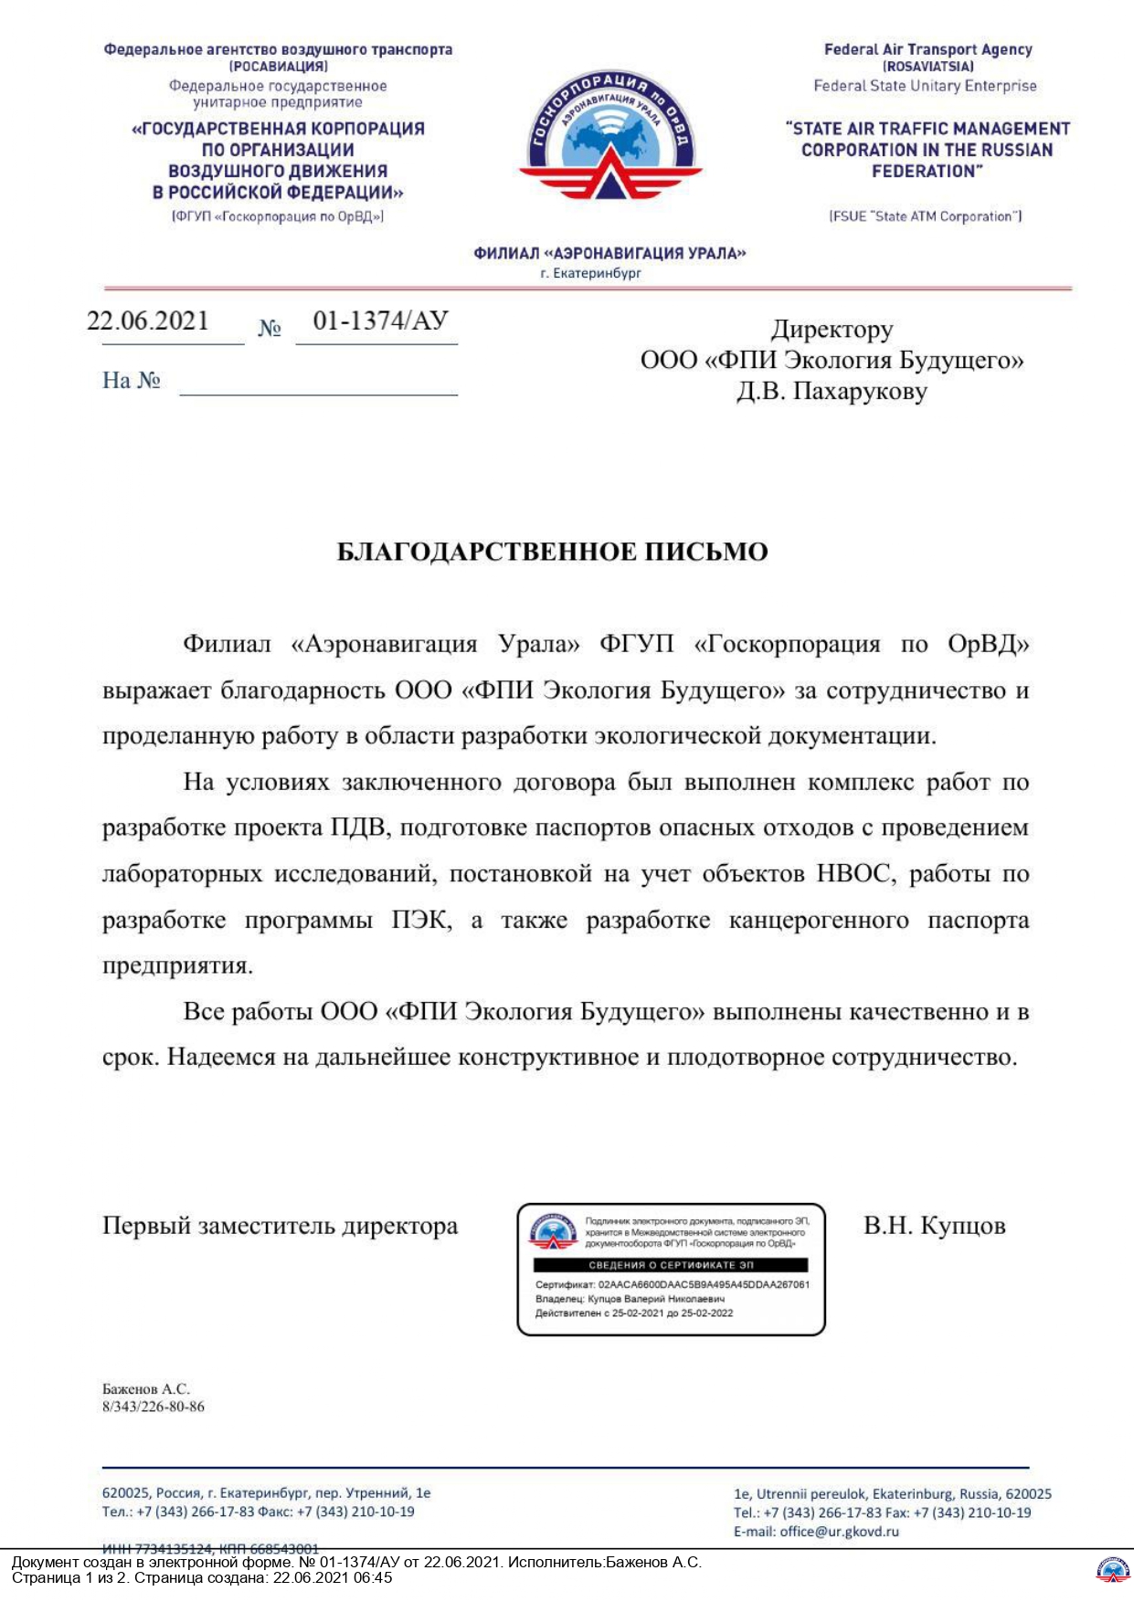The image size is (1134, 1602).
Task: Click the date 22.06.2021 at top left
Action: click(x=148, y=321)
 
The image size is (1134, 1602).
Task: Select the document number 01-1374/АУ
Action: click(x=380, y=321)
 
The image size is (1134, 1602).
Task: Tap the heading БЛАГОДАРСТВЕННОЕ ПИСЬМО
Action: click(x=552, y=552)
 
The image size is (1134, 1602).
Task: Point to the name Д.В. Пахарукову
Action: click(x=832, y=391)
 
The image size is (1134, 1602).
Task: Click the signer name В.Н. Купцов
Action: click(x=934, y=1226)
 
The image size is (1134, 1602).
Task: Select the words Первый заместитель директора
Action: click(x=280, y=1226)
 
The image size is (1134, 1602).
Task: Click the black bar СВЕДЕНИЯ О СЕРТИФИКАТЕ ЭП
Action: click(x=671, y=1265)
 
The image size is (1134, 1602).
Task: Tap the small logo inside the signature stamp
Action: click(x=553, y=1231)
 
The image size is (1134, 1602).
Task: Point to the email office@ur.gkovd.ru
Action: click(x=839, y=1532)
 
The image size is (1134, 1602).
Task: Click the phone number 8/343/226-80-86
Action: click(x=154, y=1407)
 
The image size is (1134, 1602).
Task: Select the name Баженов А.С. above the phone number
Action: click(x=146, y=1389)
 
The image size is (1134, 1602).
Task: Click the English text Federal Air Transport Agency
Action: click(x=927, y=49)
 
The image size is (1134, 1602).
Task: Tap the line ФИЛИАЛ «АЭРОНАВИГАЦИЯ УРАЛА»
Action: click(x=609, y=253)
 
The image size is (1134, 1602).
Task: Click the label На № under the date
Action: click(x=132, y=380)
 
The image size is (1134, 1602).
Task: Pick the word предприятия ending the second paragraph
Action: click(x=177, y=965)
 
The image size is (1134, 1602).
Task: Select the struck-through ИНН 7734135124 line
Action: click(x=210, y=1549)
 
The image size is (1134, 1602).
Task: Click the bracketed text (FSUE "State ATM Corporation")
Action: click(x=925, y=216)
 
